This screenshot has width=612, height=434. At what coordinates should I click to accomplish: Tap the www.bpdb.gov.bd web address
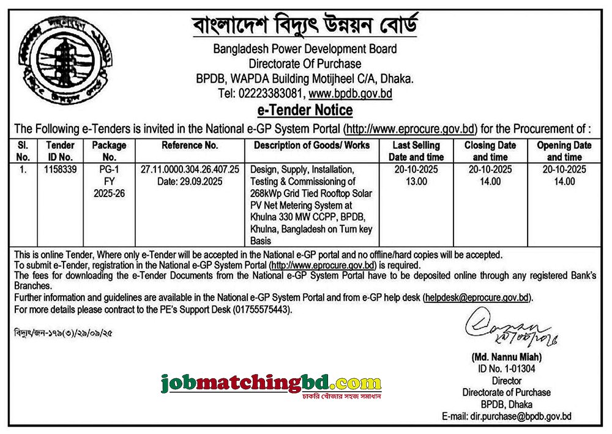350,94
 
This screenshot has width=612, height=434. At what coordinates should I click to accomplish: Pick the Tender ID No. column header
60,151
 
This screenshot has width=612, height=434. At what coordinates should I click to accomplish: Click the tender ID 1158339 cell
60,168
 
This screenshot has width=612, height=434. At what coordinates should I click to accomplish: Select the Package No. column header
109,151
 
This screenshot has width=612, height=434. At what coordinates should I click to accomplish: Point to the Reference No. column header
190,146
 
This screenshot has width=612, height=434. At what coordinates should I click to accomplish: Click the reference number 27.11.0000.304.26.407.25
190,168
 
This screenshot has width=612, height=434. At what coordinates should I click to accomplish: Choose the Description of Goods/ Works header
312,146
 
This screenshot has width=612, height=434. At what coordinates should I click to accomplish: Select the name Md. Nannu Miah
507,357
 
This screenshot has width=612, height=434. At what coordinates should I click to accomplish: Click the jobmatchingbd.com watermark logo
271,384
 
